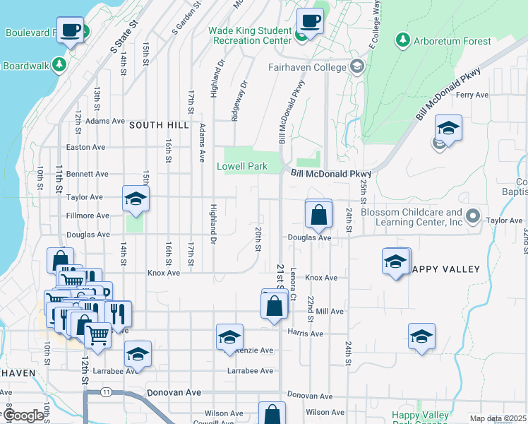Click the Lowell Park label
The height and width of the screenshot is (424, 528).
point(242,166)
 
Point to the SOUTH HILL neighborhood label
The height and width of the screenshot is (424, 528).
point(159,125)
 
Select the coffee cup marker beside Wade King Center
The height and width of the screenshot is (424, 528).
point(309,21)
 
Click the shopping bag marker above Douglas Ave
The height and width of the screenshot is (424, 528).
point(318,214)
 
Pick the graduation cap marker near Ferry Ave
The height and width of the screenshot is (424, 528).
point(448,129)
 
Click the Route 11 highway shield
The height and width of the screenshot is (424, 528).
point(106,391)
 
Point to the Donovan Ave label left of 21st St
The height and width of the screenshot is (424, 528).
point(174,392)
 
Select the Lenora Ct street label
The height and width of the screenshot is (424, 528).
point(292,281)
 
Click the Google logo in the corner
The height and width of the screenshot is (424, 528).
point(23,416)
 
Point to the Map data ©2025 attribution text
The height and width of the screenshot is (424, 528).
point(498,418)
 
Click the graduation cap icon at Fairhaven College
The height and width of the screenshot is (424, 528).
point(357,67)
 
